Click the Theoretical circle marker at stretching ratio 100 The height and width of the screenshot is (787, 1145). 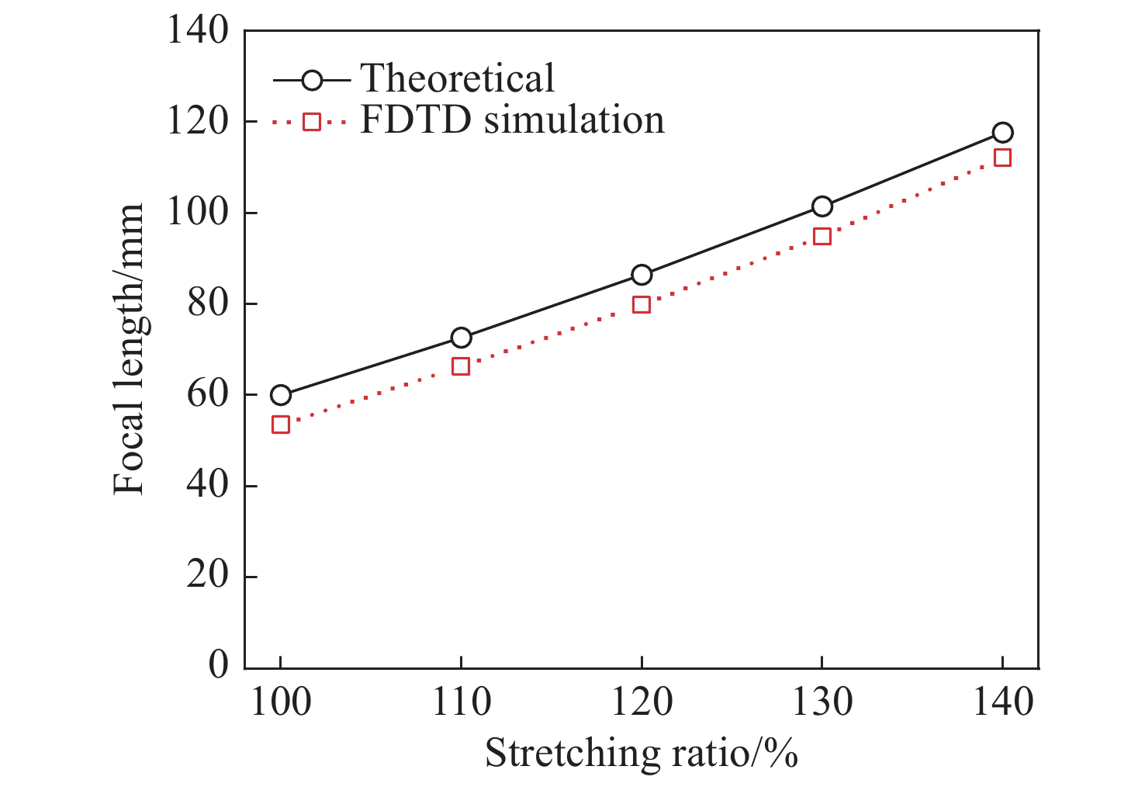(280, 395)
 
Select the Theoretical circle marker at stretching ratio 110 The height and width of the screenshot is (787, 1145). (461, 338)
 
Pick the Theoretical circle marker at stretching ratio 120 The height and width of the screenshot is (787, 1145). (642, 275)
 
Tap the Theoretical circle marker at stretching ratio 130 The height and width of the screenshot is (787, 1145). (822, 206)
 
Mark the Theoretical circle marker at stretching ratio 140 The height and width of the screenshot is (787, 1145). (1002, 133)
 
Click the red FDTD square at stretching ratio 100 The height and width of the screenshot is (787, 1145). (280, 425)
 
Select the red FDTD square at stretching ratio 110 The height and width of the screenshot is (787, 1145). (461, 366)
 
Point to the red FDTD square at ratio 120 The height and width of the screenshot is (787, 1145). (642, 304)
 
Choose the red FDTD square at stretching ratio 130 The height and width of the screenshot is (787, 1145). (822, 236)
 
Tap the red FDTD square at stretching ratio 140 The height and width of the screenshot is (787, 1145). (1002, 158)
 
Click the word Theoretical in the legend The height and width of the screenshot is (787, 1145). (458, 78)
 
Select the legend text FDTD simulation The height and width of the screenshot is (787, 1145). (512, 121)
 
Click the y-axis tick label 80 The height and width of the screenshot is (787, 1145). (208, 303)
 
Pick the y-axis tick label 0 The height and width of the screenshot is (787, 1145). (219, 666)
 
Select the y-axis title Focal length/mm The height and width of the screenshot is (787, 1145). (129, 349)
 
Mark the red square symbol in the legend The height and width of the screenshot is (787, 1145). (311, 121)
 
